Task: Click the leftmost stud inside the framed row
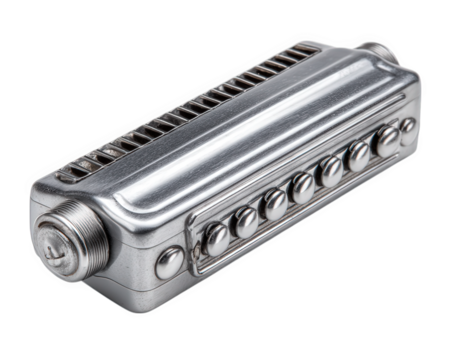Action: tap(216, 236)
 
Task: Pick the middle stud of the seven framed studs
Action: tap(301, 187)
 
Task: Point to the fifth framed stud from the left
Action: tap(329, 171)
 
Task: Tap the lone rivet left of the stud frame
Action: tap(171, 262)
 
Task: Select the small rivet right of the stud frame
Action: tap(408, 126)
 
